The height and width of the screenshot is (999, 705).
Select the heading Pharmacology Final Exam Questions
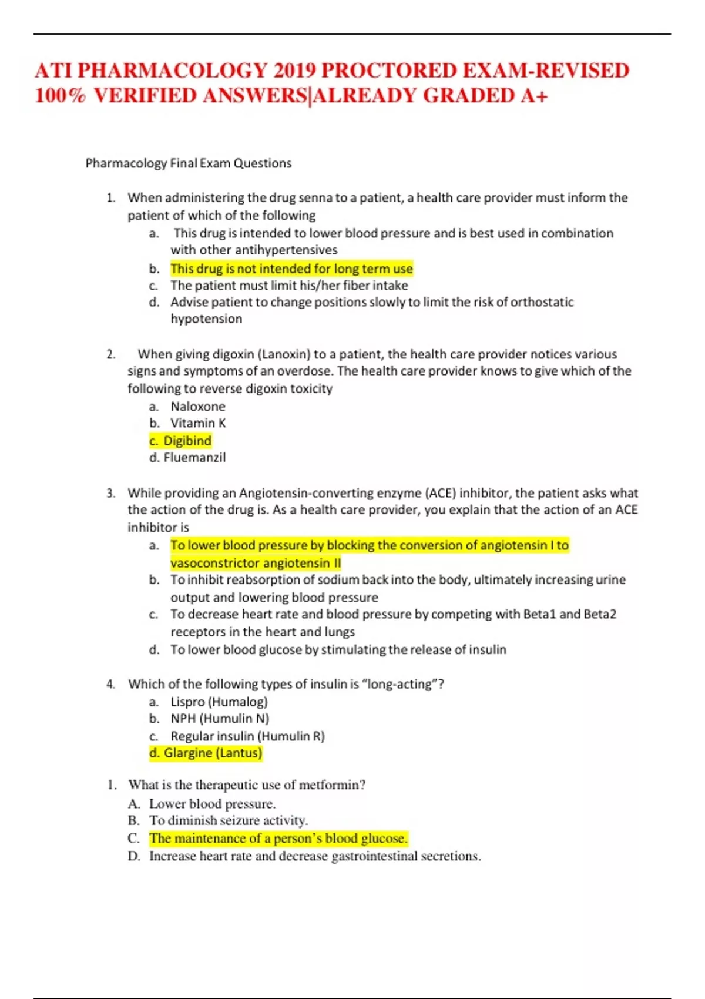click(189, 163)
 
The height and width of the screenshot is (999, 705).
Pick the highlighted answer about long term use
click(291, 269)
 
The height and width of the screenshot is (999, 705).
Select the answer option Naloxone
click(198, 407)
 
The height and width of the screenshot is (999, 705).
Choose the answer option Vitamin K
click(198, 423)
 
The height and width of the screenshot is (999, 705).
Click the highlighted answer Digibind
click(187, 441)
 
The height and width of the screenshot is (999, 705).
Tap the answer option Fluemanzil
click(194, 458)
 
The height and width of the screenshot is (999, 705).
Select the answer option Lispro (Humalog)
click(219, 702)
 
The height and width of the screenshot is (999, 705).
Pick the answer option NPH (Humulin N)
click(220, 719)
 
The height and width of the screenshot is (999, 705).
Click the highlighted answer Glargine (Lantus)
click(212, 753)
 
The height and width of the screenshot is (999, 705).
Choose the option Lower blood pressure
click(212, 804)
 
